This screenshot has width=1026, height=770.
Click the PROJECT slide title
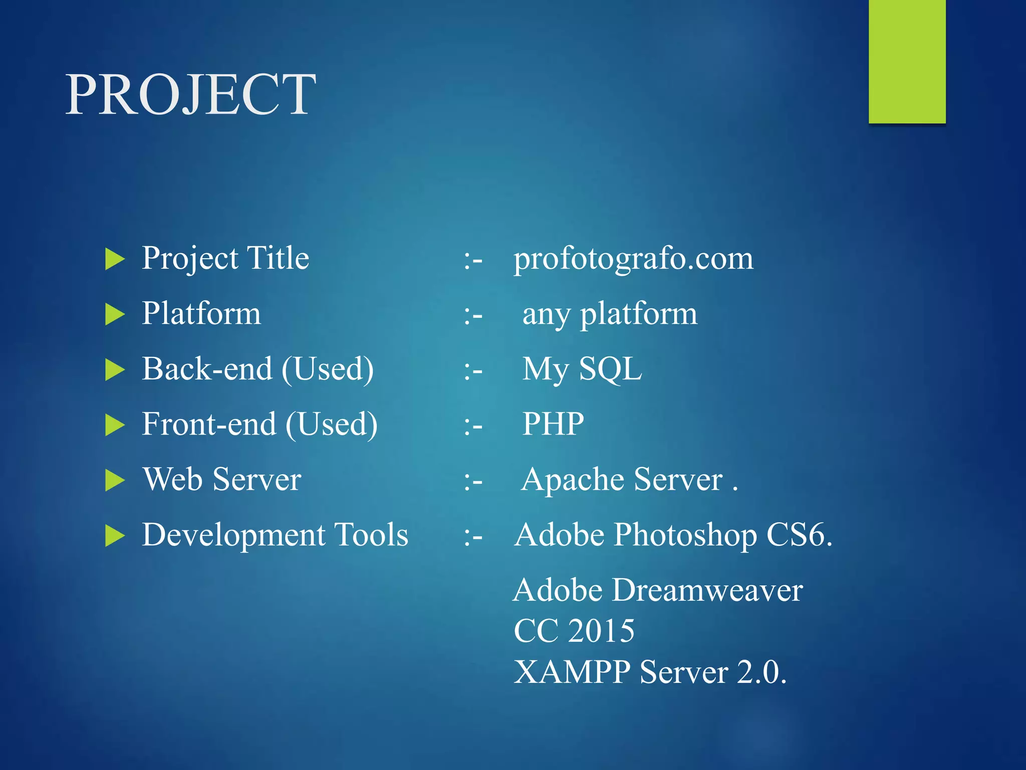190,94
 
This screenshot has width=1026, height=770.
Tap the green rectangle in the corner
907,61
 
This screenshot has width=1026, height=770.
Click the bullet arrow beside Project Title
115,259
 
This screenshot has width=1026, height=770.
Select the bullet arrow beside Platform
115,315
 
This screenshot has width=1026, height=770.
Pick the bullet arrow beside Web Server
115,480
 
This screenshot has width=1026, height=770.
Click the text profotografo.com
633,259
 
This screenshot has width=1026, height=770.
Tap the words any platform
610,314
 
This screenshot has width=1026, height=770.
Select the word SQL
610,369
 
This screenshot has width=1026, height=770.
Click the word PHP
553,425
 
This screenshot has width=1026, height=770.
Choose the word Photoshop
685,535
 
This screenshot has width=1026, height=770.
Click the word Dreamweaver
707,590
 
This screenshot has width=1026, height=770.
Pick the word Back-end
207,369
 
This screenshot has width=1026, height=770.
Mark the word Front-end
209,425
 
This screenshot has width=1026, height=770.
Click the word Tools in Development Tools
371,535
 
